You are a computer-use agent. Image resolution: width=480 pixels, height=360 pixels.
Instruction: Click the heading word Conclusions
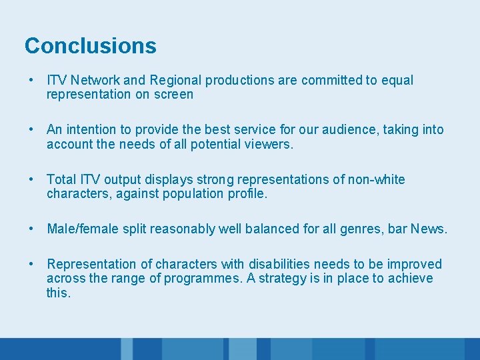coord(90,46)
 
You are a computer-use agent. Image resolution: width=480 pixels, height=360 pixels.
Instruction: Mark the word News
coord(429,229)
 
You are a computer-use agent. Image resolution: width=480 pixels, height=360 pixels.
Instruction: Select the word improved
coord(417,265)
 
